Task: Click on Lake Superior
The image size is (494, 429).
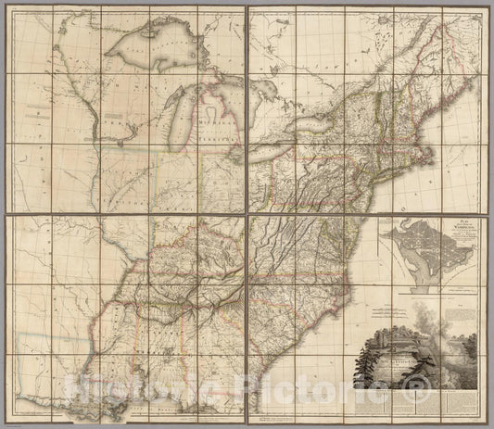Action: (162, 55)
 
